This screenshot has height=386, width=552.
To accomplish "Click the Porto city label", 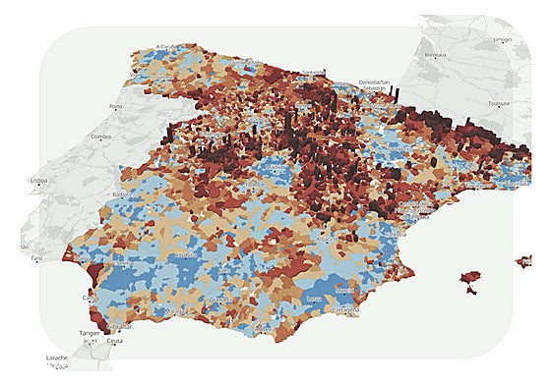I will [x=115, y=107].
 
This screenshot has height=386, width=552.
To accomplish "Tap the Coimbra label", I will [x=100, y=138].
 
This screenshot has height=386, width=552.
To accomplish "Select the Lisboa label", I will [x=39, y=182].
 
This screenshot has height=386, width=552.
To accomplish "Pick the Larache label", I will [x=56, y=358].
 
